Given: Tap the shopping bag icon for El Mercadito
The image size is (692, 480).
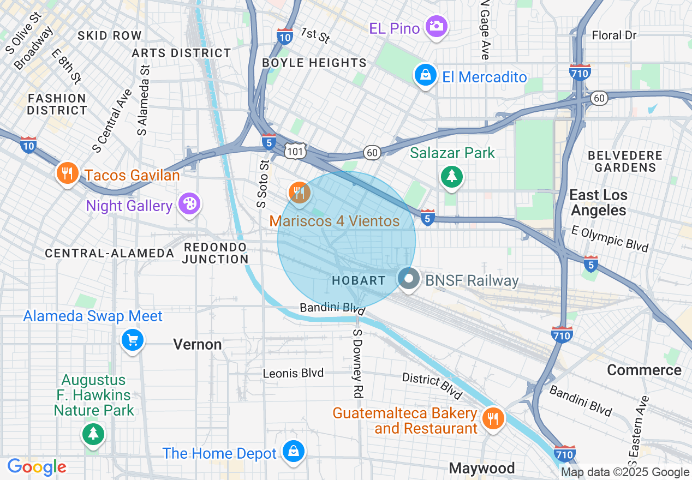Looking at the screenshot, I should [425, 75].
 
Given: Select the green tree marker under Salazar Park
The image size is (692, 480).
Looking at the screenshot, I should [451, 176].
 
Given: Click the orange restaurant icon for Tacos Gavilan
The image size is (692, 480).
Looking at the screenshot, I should [67, 173].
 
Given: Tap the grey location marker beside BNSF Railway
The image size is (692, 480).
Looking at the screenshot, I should [408, 279].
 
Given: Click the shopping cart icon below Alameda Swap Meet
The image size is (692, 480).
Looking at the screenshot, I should [133, 340].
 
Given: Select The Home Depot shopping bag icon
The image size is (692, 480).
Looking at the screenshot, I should [294, 451].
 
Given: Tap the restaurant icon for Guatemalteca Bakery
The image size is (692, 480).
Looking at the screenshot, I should [493, 418].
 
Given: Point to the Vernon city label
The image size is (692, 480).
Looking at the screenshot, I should [198, 344].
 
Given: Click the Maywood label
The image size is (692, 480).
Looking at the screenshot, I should [481, 468].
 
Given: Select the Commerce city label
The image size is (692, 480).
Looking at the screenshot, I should [644, 370].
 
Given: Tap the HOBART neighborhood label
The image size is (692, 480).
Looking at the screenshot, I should [359, 280].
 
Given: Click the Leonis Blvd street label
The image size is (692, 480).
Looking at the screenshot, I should [293, 373].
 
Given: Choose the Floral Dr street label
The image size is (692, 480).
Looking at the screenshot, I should [615, 35].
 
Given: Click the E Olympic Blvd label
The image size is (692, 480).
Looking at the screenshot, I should [610, 239].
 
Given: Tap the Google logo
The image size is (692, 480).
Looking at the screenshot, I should [37, 467].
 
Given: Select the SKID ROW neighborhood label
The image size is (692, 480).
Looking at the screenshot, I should [110, 35].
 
